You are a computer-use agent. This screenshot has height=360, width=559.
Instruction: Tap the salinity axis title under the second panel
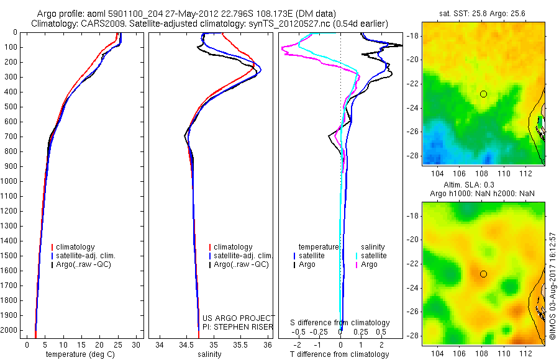tap(209, 354)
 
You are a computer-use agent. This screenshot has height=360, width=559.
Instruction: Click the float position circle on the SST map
tap(483, 94)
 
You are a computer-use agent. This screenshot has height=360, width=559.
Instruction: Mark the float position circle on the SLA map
tap(483, 274)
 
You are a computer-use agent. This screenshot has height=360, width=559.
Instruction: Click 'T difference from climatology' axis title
tap(340, 354)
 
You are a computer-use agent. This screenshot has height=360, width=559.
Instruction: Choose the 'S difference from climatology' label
tap(340, 323)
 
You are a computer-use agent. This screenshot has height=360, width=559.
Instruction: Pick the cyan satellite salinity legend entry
tap(374, 256)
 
